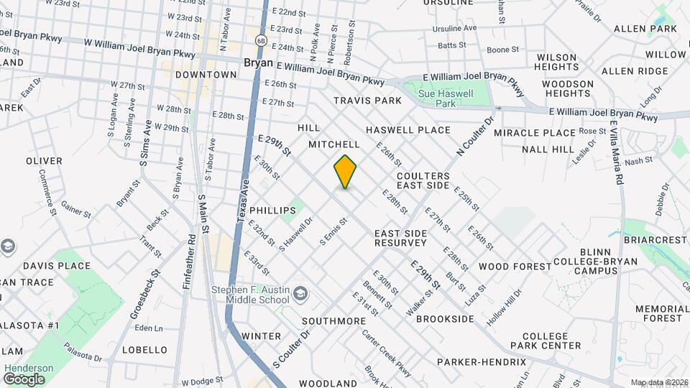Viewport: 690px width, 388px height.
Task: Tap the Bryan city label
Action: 258,63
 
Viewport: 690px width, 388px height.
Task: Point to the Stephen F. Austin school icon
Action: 301,292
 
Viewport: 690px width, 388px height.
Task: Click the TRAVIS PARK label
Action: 367,101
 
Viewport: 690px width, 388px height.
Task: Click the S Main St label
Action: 203,213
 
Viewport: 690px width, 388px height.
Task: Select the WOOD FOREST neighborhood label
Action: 515,267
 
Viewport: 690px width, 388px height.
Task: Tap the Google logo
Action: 24,379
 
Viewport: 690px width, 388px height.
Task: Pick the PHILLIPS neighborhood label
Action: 272,211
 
